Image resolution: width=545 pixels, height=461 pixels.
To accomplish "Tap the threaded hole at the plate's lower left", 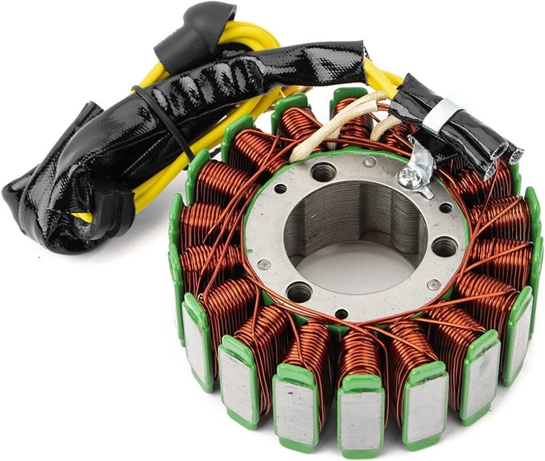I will tap(299, 292).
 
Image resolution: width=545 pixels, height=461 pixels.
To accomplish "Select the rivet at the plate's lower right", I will tap(432, 285).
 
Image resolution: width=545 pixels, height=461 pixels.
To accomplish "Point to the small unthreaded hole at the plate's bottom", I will tap(341, 314).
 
